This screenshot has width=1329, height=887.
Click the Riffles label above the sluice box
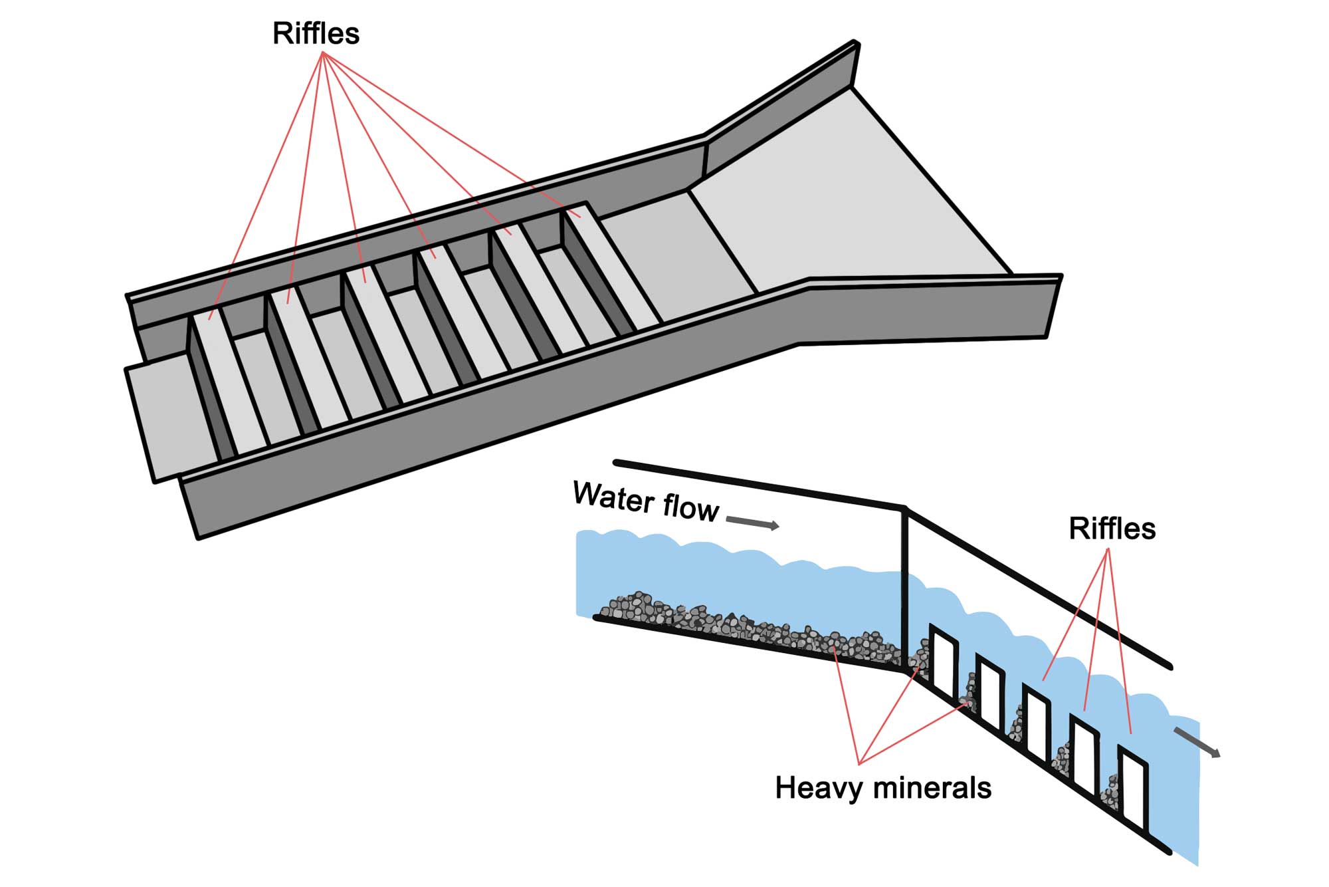click(316, 33)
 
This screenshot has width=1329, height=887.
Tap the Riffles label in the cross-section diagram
click(1112, 529)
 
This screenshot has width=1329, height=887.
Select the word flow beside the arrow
click(691, 508)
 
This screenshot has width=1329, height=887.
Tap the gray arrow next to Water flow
click(752, 523)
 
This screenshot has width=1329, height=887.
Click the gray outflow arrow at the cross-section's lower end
click(1197, 742)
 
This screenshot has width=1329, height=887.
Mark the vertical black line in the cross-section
click(904, 588)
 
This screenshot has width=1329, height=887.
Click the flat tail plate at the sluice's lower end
click(171, 416)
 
